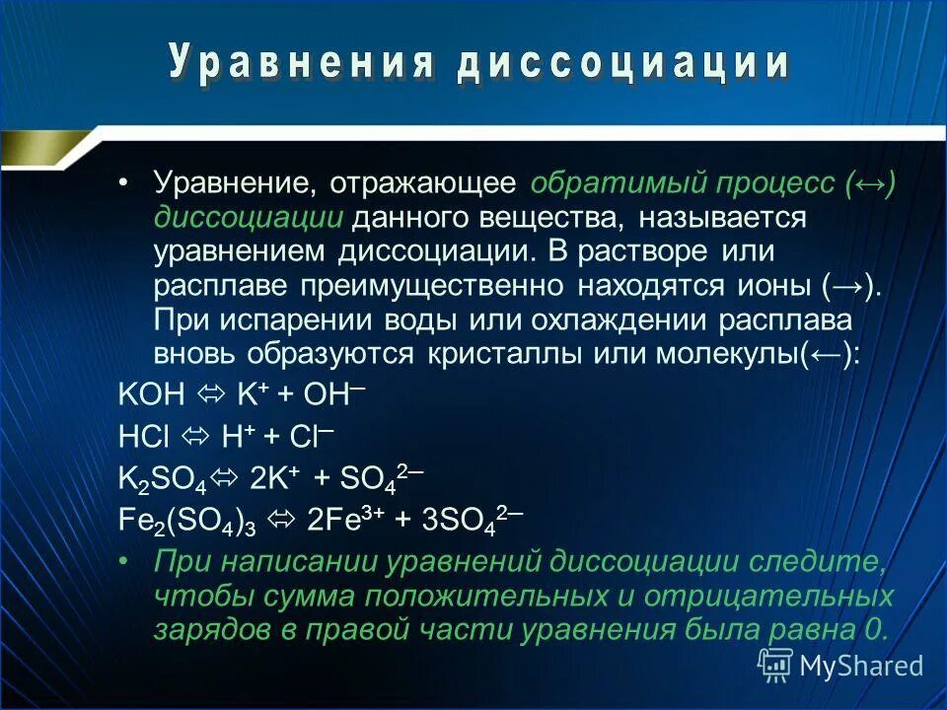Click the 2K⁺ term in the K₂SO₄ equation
[x=276, y=477]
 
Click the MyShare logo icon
[x=774, y=666]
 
